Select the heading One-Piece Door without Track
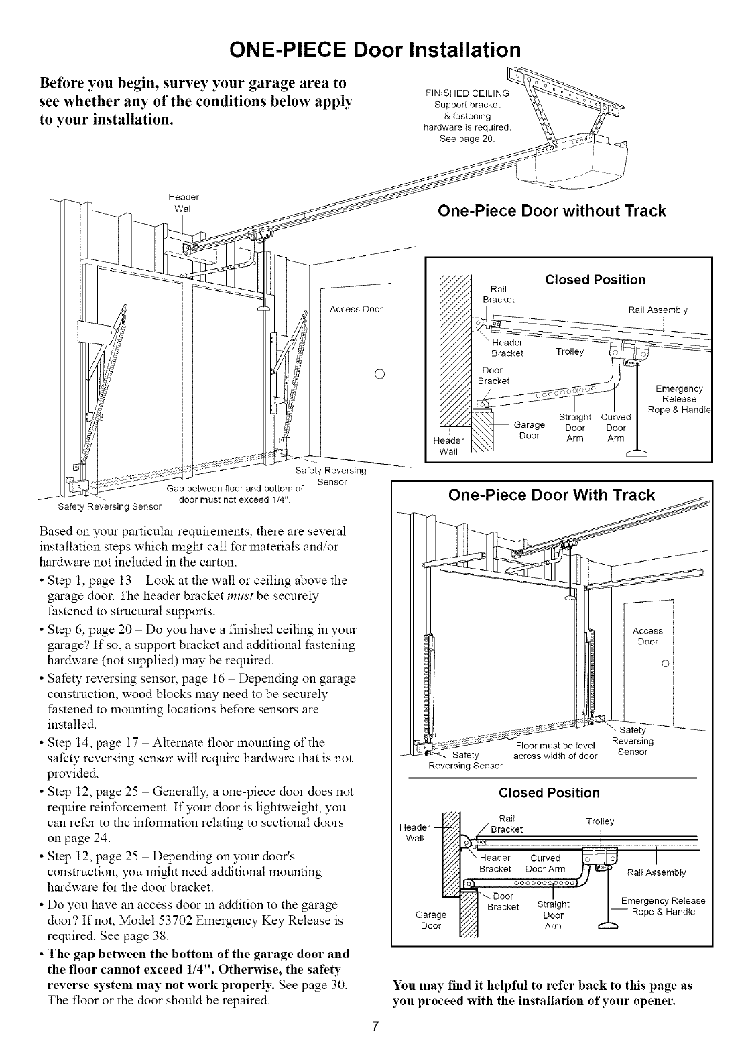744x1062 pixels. (551, 211)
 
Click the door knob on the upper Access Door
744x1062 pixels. (379, 374)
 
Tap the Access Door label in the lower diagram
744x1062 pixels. (647, 636)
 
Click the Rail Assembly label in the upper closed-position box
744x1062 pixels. (658, 310)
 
